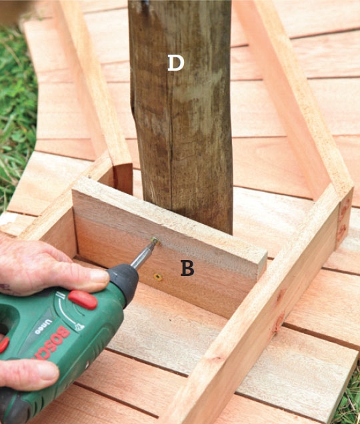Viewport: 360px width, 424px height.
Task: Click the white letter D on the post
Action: pyautogui.click(x=176, y=63)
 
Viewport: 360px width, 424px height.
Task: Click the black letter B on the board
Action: pyautogui.click(x=187, y=268)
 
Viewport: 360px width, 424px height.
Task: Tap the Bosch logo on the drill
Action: pyautogui.click(x=51, y=344)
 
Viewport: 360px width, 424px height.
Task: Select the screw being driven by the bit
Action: pyautogui.click(x=155, y=240)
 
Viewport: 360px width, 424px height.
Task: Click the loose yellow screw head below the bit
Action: pyautogui.click(x=158, y=277)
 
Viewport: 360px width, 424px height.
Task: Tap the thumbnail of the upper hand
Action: pyautogui.click(x=99, y=275)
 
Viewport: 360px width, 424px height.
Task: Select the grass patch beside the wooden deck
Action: pyautogui.click(x=16, y=113)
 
